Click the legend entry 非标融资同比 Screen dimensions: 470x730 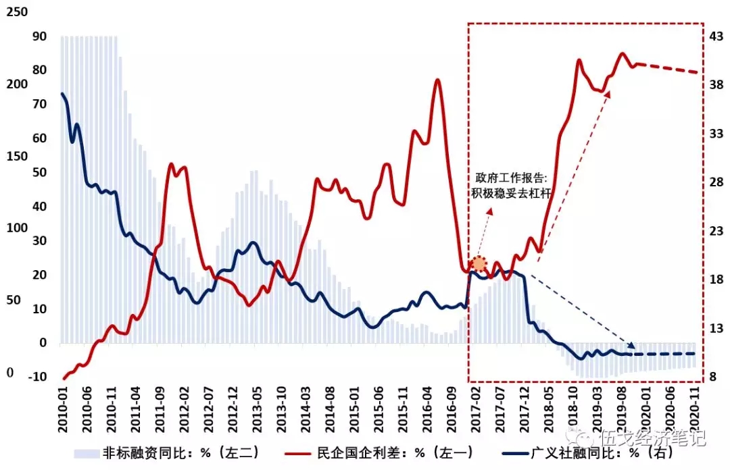pyautogui.click(x=179, y=452)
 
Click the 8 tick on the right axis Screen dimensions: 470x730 pyautogui.click(x=714, y=376)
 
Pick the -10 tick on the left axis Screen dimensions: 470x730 pyautogui.click(x=39, y=376)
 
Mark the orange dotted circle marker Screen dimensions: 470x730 pyautogui.click(x=479, y=264)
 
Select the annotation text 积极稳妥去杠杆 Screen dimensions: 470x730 pyautogui.click(x=511, y=194)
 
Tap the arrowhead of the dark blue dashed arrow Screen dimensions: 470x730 pyautogui.click(x=633, y=346)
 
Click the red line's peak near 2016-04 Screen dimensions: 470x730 pyautogui.click(x=437, y=80)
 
